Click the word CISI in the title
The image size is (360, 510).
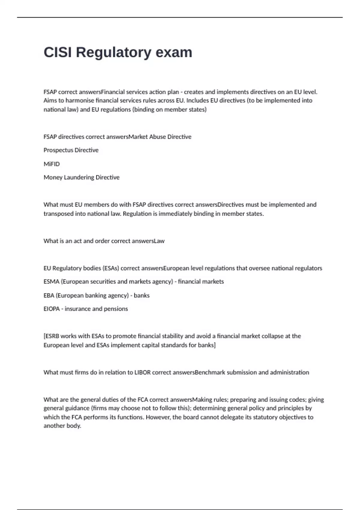coord(57,52)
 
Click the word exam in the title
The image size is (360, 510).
coord(174,52)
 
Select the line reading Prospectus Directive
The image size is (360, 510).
coord(71,150)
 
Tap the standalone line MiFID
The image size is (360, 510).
coord(52,164)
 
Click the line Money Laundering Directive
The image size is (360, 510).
coord(81,177)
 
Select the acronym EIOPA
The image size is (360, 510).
coord(51,309)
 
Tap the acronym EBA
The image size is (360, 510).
coord(49,295)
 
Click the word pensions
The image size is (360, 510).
coord(116,309)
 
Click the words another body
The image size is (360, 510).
coord(62,426)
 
